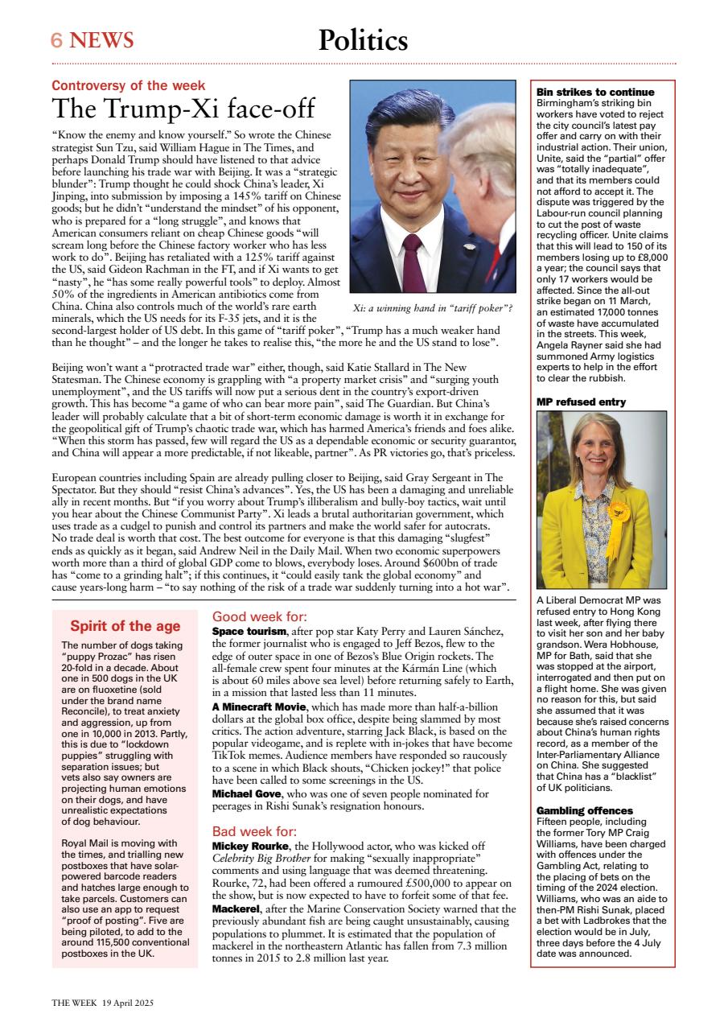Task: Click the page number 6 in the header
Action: click(x=57, y=40)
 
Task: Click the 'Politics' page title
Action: click(x=363, y=39)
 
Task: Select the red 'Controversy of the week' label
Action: click(x=128, y=85)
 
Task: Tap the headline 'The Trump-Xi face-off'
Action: click(x=183, y=109)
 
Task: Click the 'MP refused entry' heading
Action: click(x=581, y=402)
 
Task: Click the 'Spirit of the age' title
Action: click(x=125, y=626)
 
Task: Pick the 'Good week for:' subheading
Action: click(x=253, y=616)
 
